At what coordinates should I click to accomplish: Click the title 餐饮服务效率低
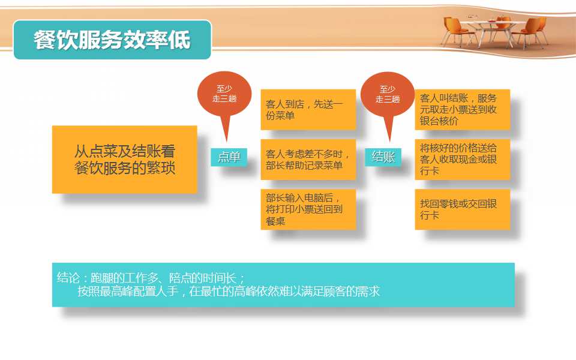point(112,40)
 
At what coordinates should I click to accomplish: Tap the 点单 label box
point(229,157)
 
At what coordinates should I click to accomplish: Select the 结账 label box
point(383,157)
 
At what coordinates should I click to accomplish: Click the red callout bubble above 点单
point(224,95)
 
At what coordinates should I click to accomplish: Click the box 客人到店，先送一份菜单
point(308,109)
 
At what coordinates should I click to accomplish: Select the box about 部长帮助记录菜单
point(308,160)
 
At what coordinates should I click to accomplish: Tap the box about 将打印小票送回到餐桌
point(308,209)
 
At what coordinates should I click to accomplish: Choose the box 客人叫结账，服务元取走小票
point(463,109)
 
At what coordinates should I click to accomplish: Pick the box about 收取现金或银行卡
point(463,160)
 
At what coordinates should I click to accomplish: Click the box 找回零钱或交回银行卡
point(463,209)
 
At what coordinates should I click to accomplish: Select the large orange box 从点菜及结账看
point(125,160)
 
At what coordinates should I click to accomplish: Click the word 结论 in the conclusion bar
point(68,277)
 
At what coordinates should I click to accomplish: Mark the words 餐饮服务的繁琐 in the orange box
point(125,168)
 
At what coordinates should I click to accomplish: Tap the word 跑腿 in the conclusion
point(102,277)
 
